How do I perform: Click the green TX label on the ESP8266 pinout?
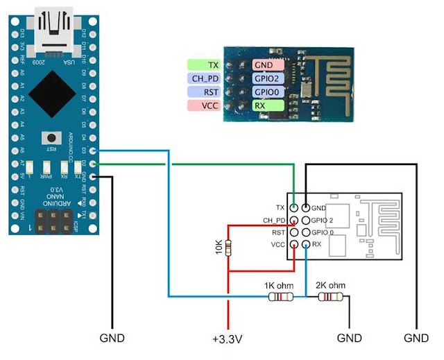pyautogui.click(x=204, y=65)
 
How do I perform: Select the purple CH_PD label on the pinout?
pyautogui.click(x=204, y=78)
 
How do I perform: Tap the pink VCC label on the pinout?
pyautogui.click(x=204, y=105)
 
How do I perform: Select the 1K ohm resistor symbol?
pyautogui.click(x=280, y=297)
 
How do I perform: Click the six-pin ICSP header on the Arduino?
pyautogui.click(x=54, y=221)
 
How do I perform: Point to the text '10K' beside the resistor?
pyautogui.click(x=220, y=246)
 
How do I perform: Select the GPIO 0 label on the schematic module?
pyautogui.click(x=322, y=232)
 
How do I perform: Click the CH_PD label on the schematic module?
pyautogui.click(x=274, y=221)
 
